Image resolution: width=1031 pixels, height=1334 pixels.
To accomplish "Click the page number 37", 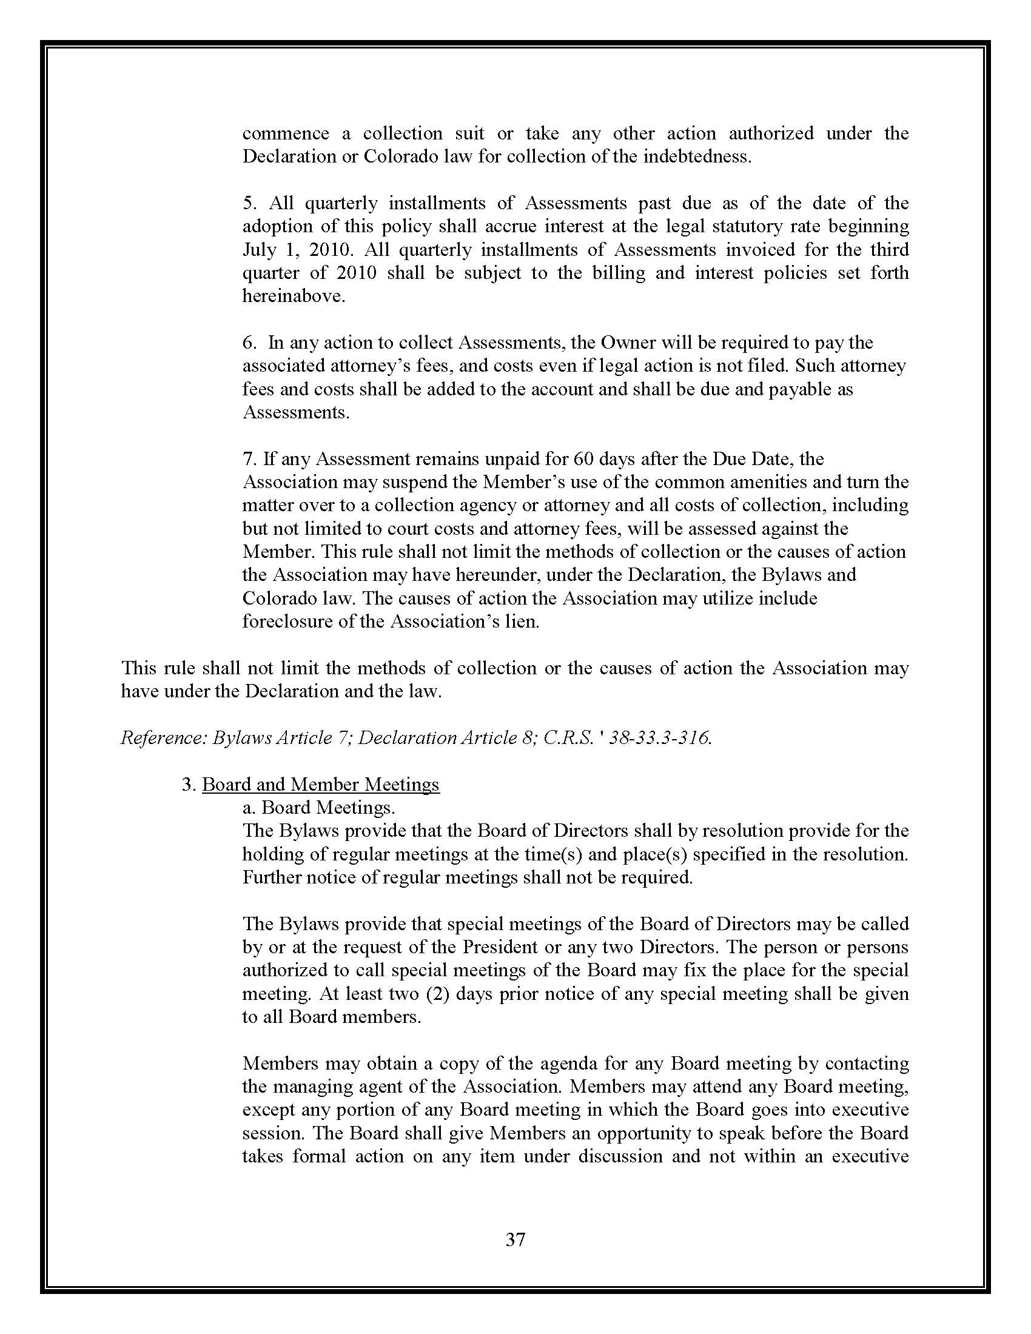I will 515,1239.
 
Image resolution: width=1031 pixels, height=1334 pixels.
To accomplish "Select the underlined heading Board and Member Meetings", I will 321,784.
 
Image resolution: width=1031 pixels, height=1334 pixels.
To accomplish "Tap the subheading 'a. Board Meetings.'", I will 319,808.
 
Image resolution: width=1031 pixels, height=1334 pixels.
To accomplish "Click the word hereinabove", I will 293,297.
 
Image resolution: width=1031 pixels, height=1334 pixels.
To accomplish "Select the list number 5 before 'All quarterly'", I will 247,203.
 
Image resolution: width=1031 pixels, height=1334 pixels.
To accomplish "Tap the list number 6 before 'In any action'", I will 247,343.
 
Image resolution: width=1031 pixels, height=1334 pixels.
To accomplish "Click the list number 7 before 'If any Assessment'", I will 247,459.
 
